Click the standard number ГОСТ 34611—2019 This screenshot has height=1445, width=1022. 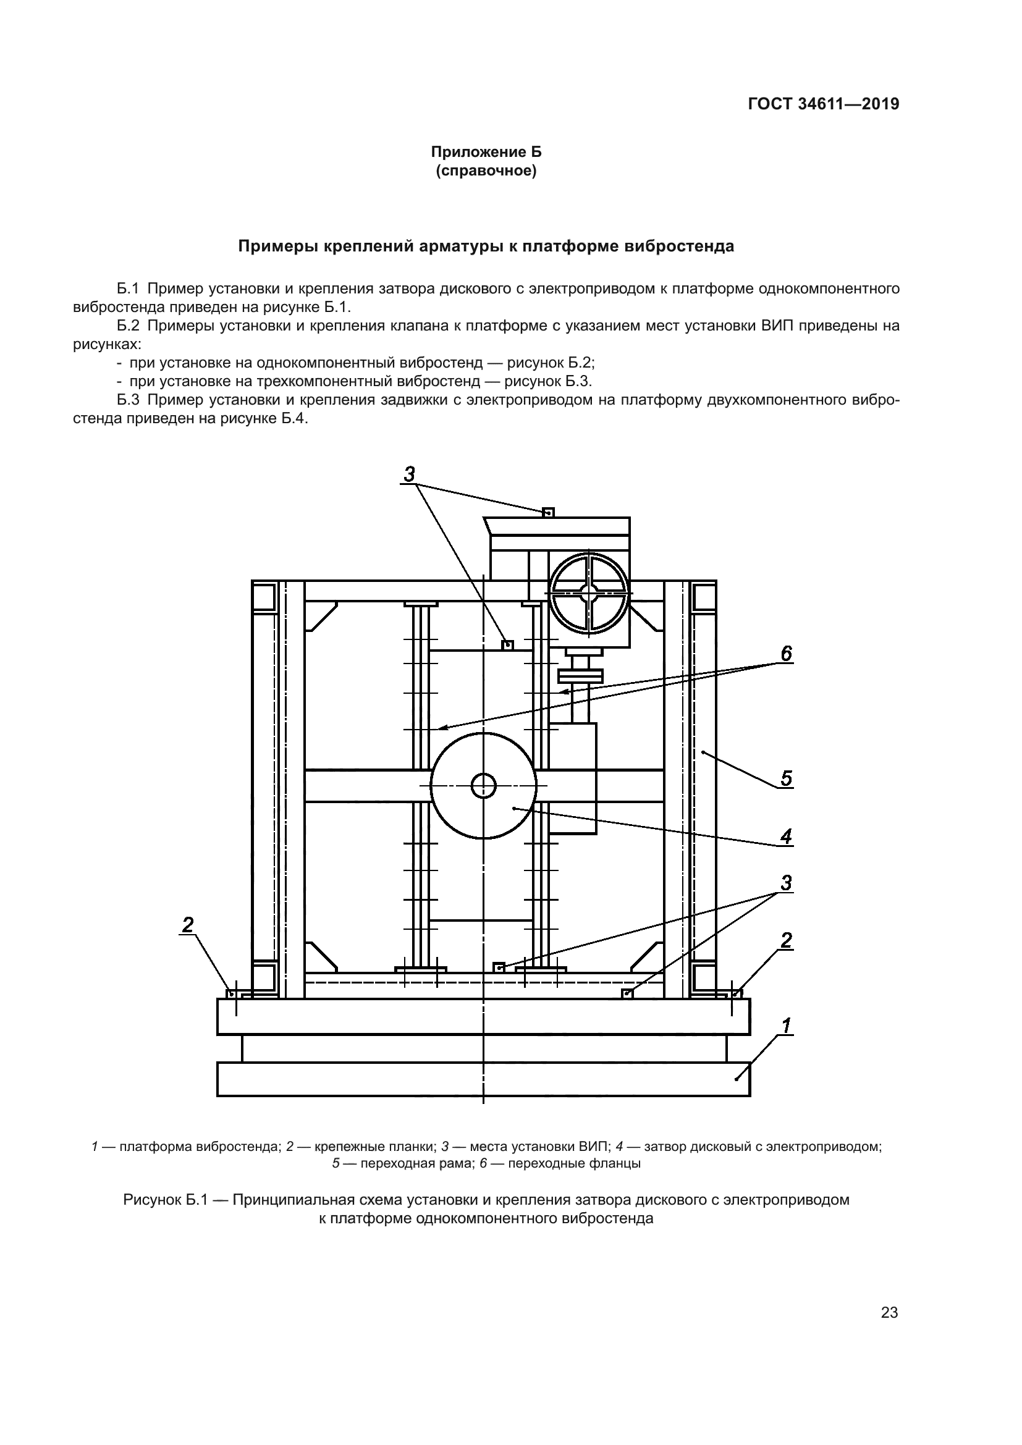[823, 104]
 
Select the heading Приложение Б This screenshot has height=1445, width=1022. [486, 153]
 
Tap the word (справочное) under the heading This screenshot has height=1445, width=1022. [486, 171]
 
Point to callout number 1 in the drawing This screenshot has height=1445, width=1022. [786, 1027]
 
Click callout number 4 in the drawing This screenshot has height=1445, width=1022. [786, 836]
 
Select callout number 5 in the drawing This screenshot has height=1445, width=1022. [786, 778]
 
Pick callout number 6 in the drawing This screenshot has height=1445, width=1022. [786, 654]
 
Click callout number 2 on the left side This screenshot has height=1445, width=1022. [188, 925]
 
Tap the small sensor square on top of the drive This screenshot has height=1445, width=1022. [548, 513]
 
